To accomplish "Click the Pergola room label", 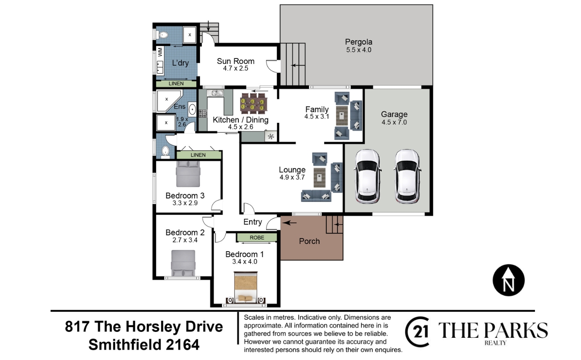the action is pos(358,42).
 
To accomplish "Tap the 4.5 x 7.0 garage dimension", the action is pos(394,122).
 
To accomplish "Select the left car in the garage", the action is pos(367,176).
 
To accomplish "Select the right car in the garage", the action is pos(407,176).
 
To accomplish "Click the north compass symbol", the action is pos(508,280).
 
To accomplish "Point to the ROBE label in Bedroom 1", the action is pos(257,238).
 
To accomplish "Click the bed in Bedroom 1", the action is pos(245,287).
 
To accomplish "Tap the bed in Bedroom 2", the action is pos(183,263).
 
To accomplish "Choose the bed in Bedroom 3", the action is pos(188,174).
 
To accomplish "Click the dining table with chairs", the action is pos(253,104).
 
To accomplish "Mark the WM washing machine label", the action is pos(160,52).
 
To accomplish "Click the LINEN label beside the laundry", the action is pos(176,84).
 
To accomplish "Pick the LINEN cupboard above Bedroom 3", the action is pos(199,155).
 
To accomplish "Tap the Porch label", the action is pos(309,241).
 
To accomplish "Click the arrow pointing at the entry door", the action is pos(289,223).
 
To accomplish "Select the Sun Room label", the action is pos(235,61).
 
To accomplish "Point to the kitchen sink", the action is pos(215,93).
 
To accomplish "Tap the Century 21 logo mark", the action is pos(417,332).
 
